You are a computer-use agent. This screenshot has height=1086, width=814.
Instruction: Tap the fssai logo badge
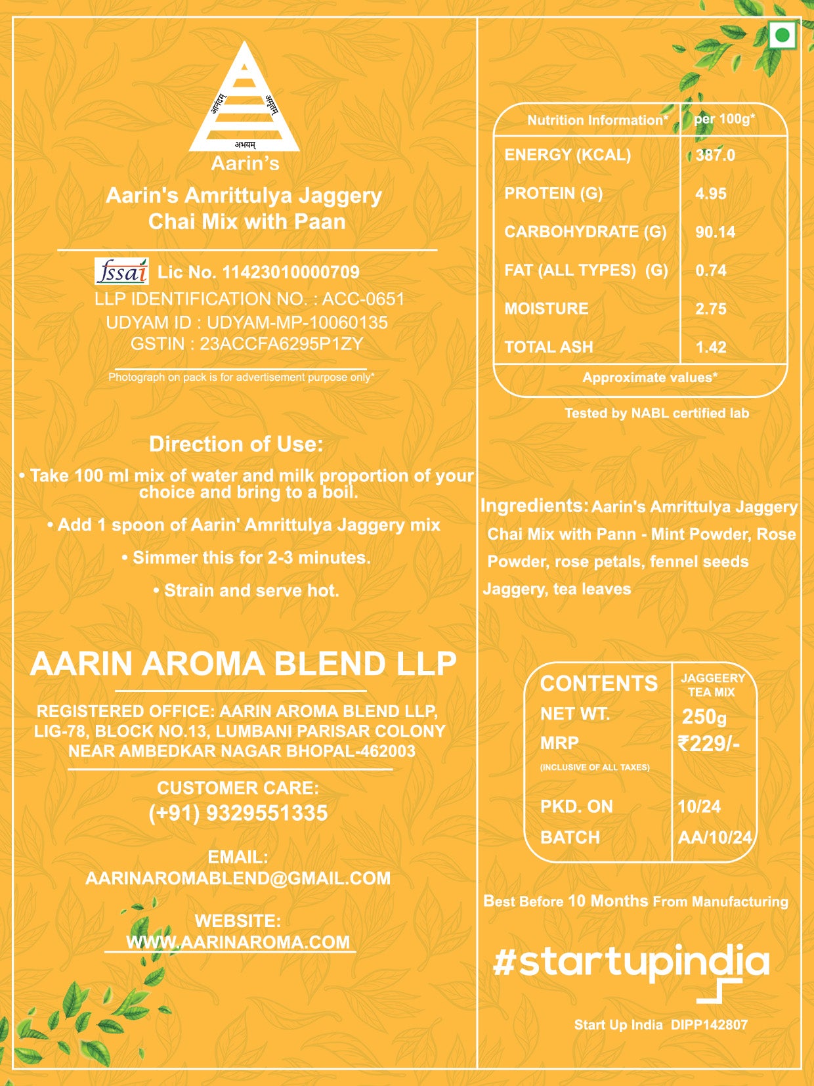pyautogui.click(x=122, y=271)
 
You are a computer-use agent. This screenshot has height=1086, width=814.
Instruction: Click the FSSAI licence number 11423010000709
pyautogui.click(x=291, y=272)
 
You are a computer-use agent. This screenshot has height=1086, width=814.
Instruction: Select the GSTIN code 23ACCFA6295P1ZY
pyautogui.click(x=281, y=343)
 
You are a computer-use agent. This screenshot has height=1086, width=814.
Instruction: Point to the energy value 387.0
pyautogui.click(x=715, y=156)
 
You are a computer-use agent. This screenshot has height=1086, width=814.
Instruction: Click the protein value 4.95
pyautogui.click(x=711, y=194)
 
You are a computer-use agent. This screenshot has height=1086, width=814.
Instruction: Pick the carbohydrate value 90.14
pyautogui.click(x=715, y=232)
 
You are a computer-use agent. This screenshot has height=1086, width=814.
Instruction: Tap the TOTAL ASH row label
pyautogui.click(x=549, y=347)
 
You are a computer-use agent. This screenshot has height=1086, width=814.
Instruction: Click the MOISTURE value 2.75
pyautogui.click(x=711, y=309)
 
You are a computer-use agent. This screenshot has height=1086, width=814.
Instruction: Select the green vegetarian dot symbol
pyautogui.click(x=782, y=35)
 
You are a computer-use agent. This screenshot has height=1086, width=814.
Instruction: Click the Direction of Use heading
pyautogui.click(x=236, y=444)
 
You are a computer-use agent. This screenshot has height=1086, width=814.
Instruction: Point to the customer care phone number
pyautogui.click(x=238, y=813)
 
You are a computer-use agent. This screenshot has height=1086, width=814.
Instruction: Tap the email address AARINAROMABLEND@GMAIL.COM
pyautogui.click(x=238, y=878)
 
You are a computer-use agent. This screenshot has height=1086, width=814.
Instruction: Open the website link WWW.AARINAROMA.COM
pyautogui.click(x=238, y=942)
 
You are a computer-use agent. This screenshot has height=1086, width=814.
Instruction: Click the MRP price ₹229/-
pyautogui.click(x=709, y=743)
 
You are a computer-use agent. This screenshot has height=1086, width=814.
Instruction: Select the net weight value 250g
pyautogui.click(x=704, y=716)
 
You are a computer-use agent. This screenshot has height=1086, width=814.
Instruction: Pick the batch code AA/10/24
pyautogui.click(x=715, y=837)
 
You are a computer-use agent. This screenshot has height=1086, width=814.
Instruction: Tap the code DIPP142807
pyautogui.click(x=709, y=1024)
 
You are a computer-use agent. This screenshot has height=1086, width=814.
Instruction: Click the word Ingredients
pyautogui.click(x=534, y=506)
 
